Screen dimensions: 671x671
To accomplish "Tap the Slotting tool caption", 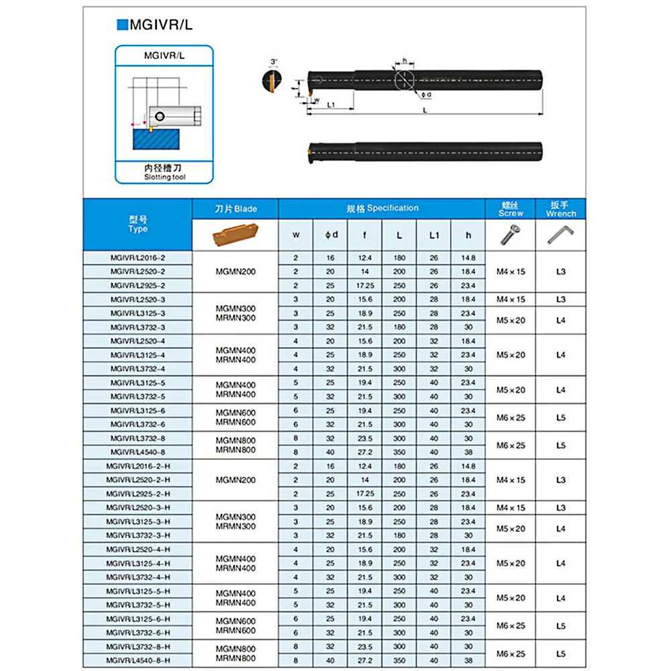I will click(x=164, y=177).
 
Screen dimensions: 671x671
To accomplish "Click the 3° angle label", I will click(x=273, y=61).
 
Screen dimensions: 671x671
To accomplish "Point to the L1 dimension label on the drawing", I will click(x=331, y=105).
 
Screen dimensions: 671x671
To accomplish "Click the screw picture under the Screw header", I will click(x=510, y=234).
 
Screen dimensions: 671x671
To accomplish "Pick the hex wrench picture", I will click(x=560, y=234).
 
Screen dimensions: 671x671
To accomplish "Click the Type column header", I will click(x=138, y=224).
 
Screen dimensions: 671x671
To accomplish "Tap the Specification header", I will click(x=382, y=208).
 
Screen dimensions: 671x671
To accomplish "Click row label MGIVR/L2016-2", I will click(x=138, y=258).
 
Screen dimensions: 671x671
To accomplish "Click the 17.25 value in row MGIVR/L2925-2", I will click(x=364, y=285).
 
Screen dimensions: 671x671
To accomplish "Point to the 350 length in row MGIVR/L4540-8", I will click(x=399, y=452).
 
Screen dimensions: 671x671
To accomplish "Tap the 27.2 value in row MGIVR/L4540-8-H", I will click(x=364, y=660).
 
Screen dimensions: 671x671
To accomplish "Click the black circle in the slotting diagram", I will click(x=158, y=117).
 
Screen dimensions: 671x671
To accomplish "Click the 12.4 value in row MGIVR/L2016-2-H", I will click(x=364, y=466).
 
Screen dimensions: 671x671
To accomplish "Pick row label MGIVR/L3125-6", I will click(x=138, y=410).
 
